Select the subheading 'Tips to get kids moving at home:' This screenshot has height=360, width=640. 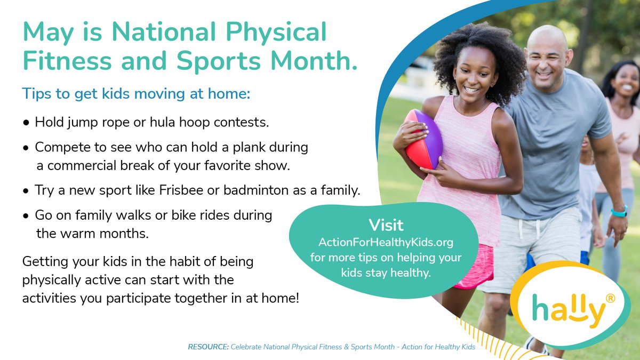point(136,94)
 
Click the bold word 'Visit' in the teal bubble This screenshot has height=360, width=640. point(386,225)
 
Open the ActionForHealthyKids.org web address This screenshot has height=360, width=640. point(386,242)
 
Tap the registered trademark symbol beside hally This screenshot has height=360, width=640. point(610,300)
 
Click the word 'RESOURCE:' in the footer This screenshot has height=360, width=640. point(208,347)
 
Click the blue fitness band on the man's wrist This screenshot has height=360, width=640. point(619,212)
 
